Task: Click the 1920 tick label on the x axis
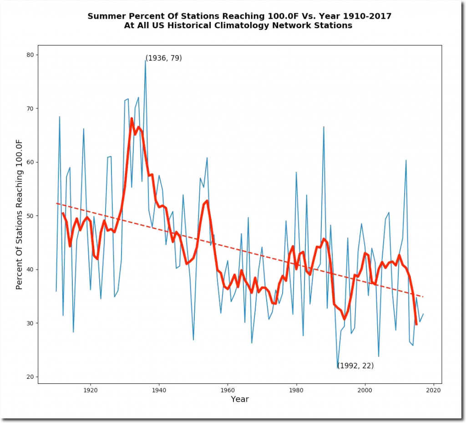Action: coord(91,390)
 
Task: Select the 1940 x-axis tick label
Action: coord(159,390)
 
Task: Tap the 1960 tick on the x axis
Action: coord(228,390)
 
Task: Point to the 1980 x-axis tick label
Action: coord(296,390)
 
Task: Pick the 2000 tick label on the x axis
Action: coord(365,390)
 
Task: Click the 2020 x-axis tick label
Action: coord(433,390)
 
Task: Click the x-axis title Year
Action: coord(239,399)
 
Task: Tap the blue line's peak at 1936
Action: coord(146,60)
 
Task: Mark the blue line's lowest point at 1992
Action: coord(338,367)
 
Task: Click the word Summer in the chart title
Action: coord(105,16)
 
